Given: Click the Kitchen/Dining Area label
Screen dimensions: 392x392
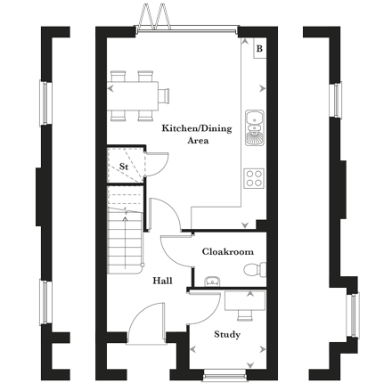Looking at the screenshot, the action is [x=197, y=135].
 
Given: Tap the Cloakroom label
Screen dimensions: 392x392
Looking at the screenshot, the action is [x=228, y=252].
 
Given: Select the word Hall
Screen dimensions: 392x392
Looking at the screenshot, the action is [x=162, y=281].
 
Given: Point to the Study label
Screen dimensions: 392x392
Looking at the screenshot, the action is [x=227, y=334].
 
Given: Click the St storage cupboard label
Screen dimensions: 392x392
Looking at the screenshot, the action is [x=124, y=167].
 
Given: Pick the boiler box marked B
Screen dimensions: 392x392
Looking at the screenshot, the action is [x=260, y=48].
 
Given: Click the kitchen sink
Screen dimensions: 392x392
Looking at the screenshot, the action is [x=255, y=127].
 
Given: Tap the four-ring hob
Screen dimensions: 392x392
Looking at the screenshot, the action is [x=254, y=178].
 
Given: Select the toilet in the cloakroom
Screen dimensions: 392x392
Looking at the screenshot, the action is [x=255, y=270].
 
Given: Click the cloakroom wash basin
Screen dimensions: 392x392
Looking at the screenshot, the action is [x=212, y=282].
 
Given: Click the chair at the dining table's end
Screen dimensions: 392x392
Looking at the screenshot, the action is [x=164, y=95].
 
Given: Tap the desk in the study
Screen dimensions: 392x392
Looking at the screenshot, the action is [x=245, y=301].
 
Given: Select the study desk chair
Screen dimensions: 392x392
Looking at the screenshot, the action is [x=245, y=315].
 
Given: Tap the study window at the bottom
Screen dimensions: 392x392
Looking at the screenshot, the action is [x=225, y=375].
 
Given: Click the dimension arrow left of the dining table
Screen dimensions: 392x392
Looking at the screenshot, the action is [x=110, y=88].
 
